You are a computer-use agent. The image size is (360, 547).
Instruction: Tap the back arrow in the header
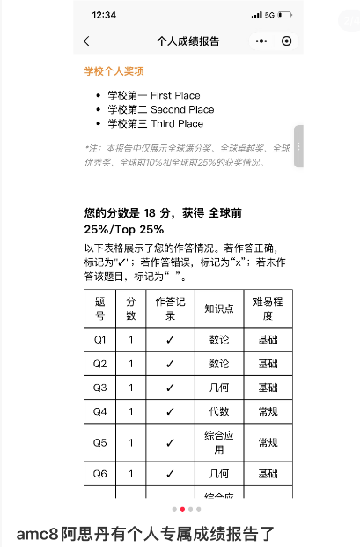click(86, 41)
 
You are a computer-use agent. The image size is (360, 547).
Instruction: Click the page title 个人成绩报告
click(187, 41)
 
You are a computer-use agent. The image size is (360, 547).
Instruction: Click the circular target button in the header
click(286, 41)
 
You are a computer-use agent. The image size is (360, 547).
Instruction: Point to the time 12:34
click(104, 15)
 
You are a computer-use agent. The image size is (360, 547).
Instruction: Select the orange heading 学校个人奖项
click(114, 71)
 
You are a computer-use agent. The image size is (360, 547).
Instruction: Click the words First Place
click(175, 95)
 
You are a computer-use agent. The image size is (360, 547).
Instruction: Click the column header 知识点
click(218, 308)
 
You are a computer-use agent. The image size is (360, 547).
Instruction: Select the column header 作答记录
click(170, 308)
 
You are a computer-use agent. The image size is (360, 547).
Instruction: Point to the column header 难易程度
click(268, 308)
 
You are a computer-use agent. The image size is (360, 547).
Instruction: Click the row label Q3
click(99, 387)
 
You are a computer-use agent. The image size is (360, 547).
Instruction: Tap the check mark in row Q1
click(170, 339)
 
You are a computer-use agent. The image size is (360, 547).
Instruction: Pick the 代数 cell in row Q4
click(218, 410)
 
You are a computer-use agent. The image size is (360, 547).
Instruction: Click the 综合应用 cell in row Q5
click(218, 442)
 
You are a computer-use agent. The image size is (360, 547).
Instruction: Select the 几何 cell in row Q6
click(218, 474)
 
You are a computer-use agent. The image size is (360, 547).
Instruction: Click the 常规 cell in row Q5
click(268, 442)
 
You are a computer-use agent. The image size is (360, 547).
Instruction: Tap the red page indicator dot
click(182, 509)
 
